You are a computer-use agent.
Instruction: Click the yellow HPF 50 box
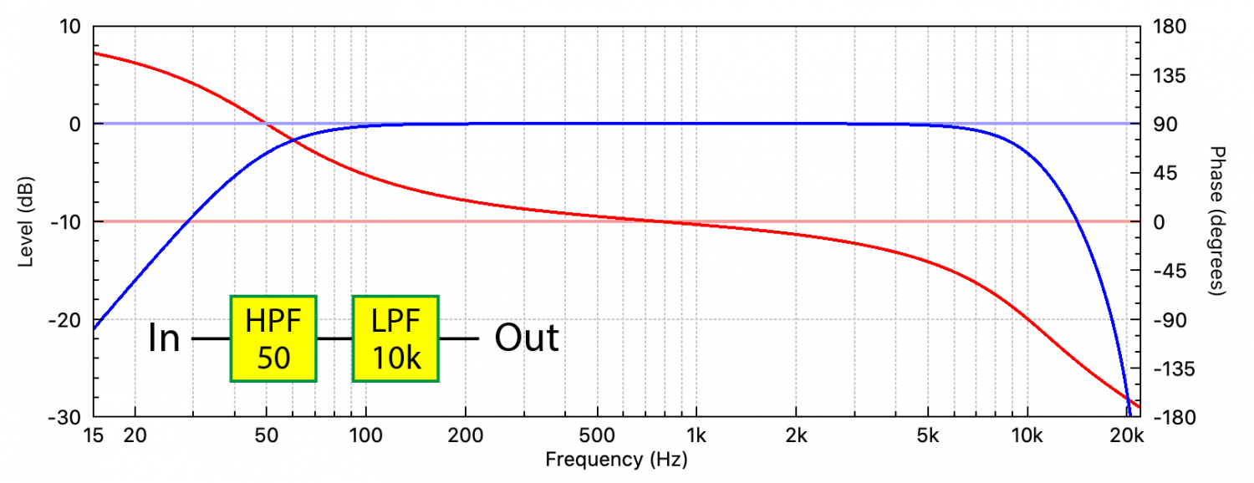click(273, 338)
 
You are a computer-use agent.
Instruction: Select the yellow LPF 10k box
click(395, 338)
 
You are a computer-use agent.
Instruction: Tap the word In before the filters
click(164, 338)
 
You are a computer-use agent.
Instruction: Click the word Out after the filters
click(527, 338)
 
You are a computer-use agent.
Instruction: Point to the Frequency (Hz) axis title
click(617, 460)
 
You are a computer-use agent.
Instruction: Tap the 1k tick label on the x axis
click(696, 436)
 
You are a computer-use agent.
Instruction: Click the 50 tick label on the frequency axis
click(266, 436)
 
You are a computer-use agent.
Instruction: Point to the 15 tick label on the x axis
click(94, 436)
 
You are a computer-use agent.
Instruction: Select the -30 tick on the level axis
click(66, 417)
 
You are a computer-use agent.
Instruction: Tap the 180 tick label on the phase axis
click(1165, 27)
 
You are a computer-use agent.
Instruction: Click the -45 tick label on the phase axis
click(1165, 271)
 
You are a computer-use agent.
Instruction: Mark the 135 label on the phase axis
click(1165, 75)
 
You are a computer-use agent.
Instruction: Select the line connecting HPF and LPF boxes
click(334, 338)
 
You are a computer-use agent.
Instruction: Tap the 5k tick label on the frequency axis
click(927, 436)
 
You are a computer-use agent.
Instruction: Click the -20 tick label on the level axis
click(66, 320)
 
